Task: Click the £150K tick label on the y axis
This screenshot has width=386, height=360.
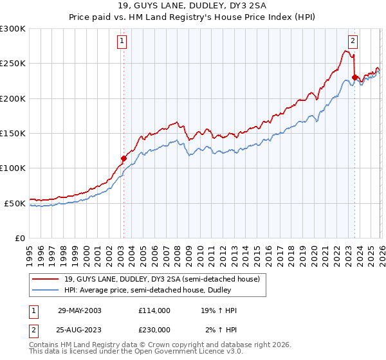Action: tap(13, 134)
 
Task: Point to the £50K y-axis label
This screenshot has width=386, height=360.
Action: tap(15, 203)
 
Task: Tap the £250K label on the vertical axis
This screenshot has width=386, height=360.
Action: tap(13, 64)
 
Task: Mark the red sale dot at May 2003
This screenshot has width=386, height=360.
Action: tap(124, 157)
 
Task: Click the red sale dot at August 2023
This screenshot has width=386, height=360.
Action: tap(354, 77)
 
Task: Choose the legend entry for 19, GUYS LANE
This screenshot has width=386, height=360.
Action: tap(161, 279)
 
